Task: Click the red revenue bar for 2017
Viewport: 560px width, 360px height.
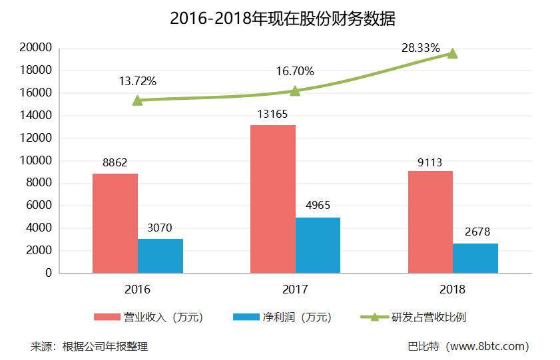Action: [272, 199]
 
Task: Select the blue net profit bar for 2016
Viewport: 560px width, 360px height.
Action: [160, 256]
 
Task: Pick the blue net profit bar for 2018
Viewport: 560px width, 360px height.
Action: [475, 258]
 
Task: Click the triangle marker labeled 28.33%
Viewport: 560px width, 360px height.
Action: [453, 53]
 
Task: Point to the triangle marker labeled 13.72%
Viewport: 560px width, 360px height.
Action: [137, 100]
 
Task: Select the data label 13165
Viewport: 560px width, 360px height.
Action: [273, 114]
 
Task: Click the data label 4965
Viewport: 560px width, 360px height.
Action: [317, 206]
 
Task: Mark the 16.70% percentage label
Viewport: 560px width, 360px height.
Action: [296, 71]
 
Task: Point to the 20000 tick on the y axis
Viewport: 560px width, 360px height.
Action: [36, 48]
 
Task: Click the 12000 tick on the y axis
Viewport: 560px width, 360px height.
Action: [36, 138]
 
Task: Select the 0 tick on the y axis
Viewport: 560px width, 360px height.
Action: [47, 273]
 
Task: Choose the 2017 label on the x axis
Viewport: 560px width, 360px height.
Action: [295, 290]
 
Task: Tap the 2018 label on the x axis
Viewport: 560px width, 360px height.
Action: [453, 290]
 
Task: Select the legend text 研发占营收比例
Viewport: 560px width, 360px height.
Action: [429, 317]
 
